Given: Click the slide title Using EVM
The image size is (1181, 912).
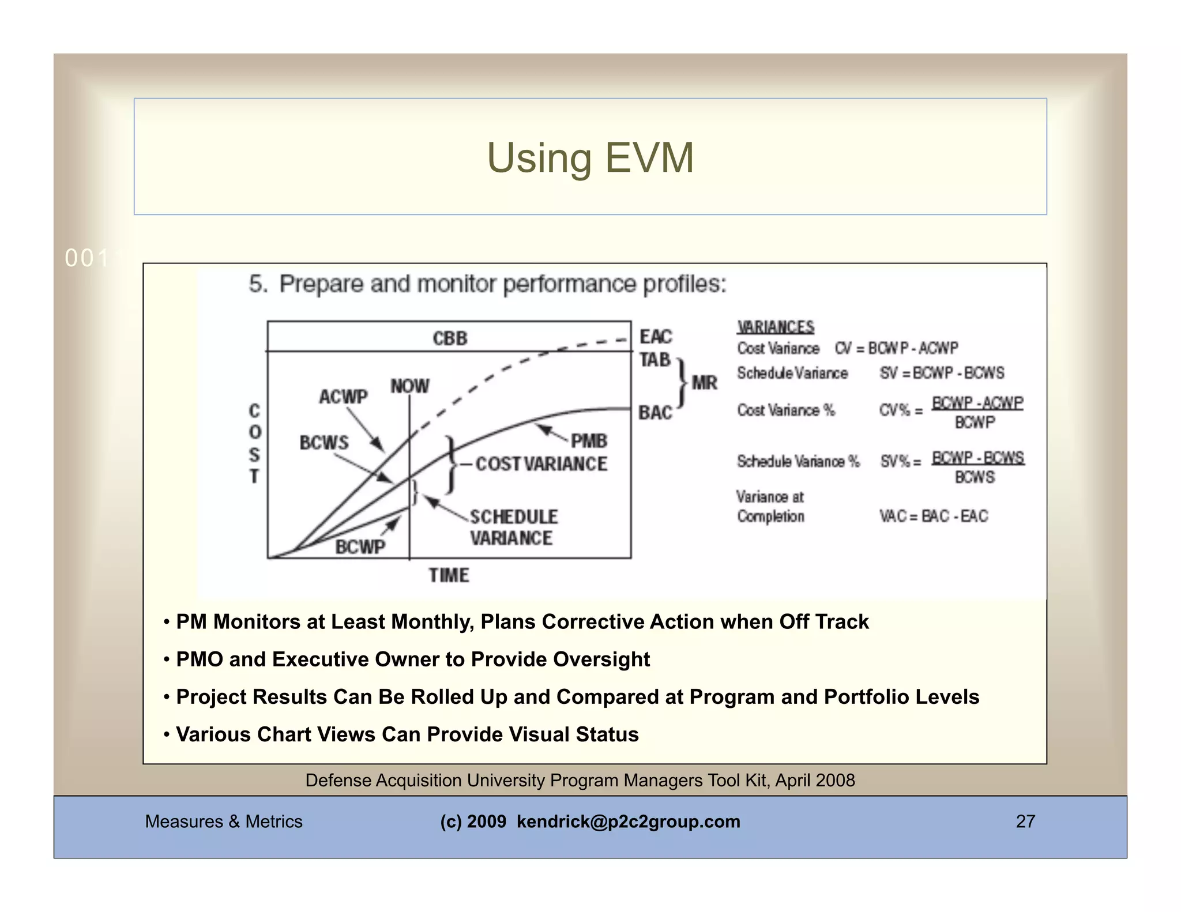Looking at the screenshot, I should click(x=590, y=157).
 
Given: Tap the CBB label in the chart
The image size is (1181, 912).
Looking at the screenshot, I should click(x=450, y=338).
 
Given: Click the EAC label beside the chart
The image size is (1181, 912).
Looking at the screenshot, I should click(x=656, y=336).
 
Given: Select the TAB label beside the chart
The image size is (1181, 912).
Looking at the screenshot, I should click(x=655, y=360).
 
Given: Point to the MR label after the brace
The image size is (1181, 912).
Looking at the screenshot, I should click(x=704, y=383).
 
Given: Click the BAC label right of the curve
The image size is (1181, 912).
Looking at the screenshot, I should click(x=655, y=413).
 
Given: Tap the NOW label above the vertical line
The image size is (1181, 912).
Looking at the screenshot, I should click(x=409, y=386).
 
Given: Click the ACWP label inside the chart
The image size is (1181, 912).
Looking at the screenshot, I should click(x=343, y=397).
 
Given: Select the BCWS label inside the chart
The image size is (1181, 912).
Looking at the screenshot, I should click(x=324, y=443).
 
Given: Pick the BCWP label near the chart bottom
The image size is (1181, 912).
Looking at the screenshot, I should click(x=360, y=547).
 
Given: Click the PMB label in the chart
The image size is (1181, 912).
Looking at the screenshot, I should click(x=589, y=441).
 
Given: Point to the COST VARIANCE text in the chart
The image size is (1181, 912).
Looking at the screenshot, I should click(x=541, y=463).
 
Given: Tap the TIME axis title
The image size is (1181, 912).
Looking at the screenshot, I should click(x=449, y=575).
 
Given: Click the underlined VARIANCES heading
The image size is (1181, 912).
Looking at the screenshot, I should click(x=776, y=327).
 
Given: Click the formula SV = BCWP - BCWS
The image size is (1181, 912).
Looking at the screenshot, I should click(x=942, y=373).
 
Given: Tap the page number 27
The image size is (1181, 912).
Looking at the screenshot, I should click(x=1025, y=821).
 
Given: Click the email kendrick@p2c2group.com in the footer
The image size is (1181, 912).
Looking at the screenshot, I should click(x=628, y=821).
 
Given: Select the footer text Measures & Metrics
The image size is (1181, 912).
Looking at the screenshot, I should click(x=224, y=821).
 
